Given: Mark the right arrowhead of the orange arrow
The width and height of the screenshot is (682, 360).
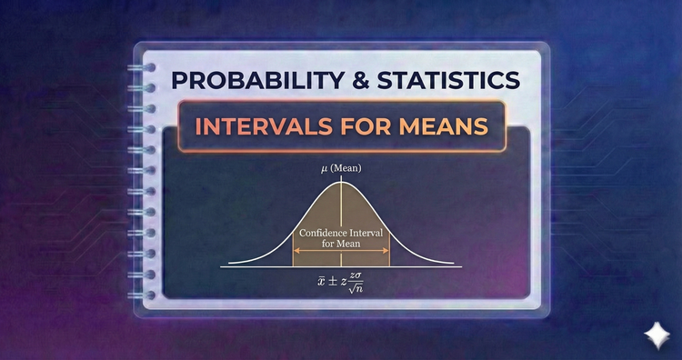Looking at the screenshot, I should pyautogui.click(x=386, y=257).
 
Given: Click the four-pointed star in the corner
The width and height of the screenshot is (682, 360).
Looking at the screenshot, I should pyautogui.click(x=652, y=334).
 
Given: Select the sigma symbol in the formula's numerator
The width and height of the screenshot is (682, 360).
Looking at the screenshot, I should pyautogui.click(x=359, y=276).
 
